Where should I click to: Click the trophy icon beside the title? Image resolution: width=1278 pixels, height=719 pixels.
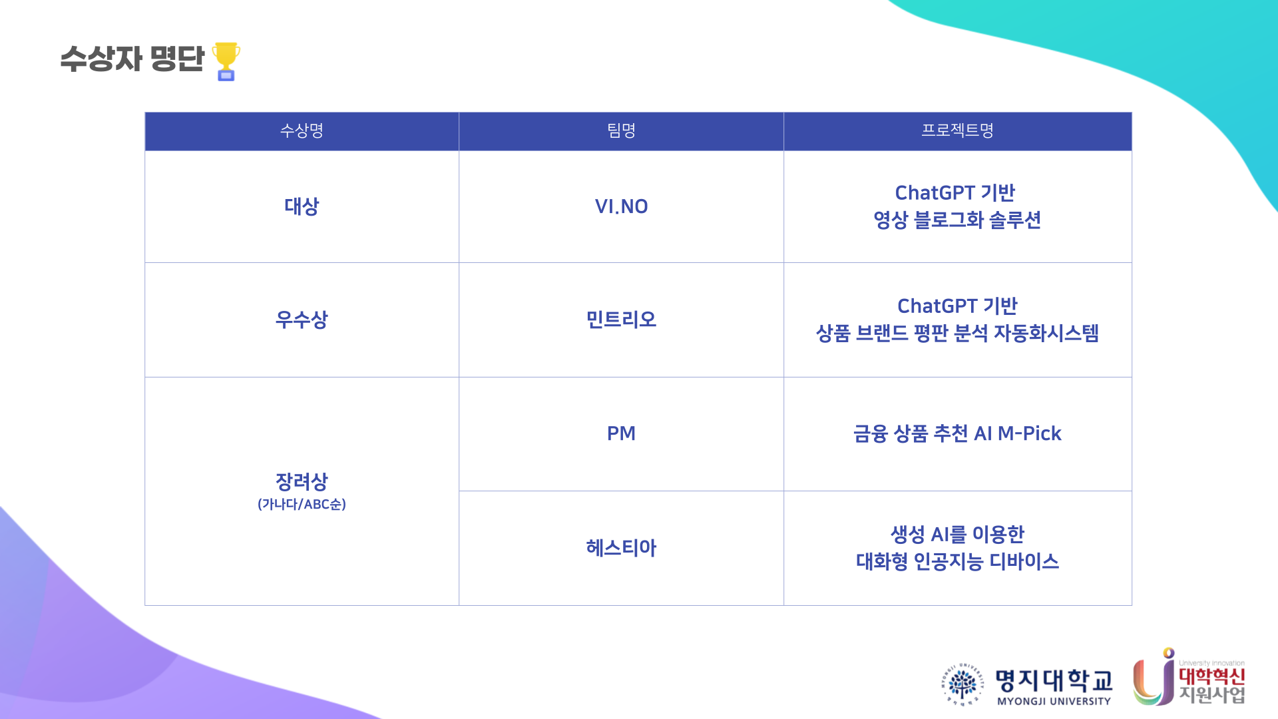(226, 61)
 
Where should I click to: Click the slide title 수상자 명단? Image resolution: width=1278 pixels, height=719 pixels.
(132, 59)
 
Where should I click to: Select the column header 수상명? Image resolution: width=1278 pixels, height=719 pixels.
(302, 130)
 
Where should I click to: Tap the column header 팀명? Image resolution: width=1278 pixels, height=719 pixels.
(621, 130)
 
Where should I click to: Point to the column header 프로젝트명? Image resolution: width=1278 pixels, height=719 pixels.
(957, 130)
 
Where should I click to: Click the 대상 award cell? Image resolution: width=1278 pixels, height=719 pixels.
(302, 206)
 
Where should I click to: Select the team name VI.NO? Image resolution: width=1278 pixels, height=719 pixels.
(621, 206)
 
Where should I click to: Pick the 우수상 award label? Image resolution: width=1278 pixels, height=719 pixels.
(302, 320)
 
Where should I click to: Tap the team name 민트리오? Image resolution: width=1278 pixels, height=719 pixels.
(621, 320)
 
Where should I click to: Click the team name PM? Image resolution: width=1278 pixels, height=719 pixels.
(621, 433)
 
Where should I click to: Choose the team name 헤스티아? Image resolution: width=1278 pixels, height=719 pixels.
(621, 548)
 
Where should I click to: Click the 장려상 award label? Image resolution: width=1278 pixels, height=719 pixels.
(302, 481)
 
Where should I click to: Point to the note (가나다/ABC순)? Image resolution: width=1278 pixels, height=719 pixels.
(302, 504)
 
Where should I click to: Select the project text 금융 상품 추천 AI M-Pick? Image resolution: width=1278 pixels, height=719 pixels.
(957, 433)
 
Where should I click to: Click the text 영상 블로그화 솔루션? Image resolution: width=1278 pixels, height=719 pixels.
(957, 220)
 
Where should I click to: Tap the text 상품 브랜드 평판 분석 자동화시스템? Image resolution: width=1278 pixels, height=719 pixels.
(957, 333)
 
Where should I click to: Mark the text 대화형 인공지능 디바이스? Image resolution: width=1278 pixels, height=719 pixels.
(957, 561)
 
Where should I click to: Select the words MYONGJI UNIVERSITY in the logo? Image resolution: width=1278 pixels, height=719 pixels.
(1054, 701)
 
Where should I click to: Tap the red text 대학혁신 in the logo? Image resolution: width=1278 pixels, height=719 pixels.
(1211, 676)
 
